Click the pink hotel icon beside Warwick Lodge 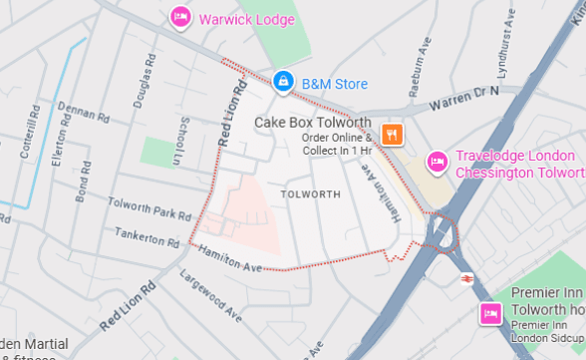tap(180, 17)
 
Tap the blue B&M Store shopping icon tap(283, 80)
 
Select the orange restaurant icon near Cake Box tap(393, 133)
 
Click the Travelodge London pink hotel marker tap(436, 161)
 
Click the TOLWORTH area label tap(310, 191)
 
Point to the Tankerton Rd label tap(146, 238)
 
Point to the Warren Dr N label tap(463, 98)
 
